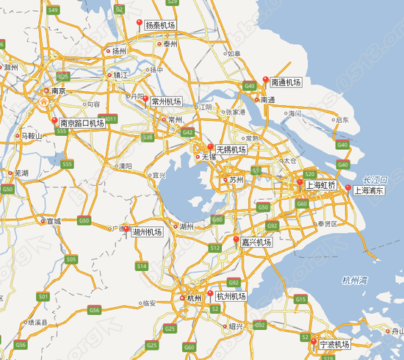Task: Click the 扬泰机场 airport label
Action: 160,25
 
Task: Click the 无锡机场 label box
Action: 231,149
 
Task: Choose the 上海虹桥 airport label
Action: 320,185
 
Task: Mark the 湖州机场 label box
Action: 147,233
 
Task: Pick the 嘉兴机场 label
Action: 257,242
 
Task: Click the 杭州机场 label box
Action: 231,296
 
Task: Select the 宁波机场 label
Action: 334,344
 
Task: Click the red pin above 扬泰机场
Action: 140,24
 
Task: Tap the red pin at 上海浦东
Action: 348,187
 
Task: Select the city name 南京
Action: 57,91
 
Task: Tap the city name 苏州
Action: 236,179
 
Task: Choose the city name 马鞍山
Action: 32,136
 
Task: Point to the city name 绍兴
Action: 236,325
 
